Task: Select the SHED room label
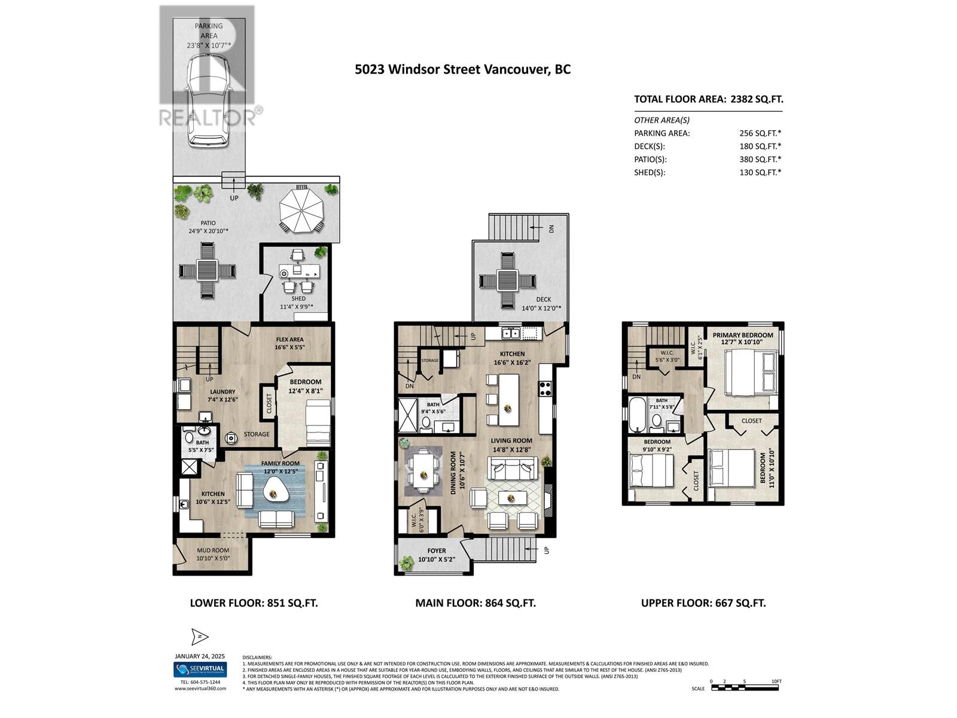(x=298, y=299)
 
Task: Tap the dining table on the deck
(x=507, y=279)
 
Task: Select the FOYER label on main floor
(x=437, y=550)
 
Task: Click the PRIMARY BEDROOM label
(x=743, y=335)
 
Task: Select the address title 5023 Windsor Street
(x=462, y=69)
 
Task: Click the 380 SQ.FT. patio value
(x=760, y=159)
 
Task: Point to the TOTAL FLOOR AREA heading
(x=708, y=99)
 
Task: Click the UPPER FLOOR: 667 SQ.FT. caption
(x=703, y=603)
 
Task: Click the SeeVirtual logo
(x=200, y=669)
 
